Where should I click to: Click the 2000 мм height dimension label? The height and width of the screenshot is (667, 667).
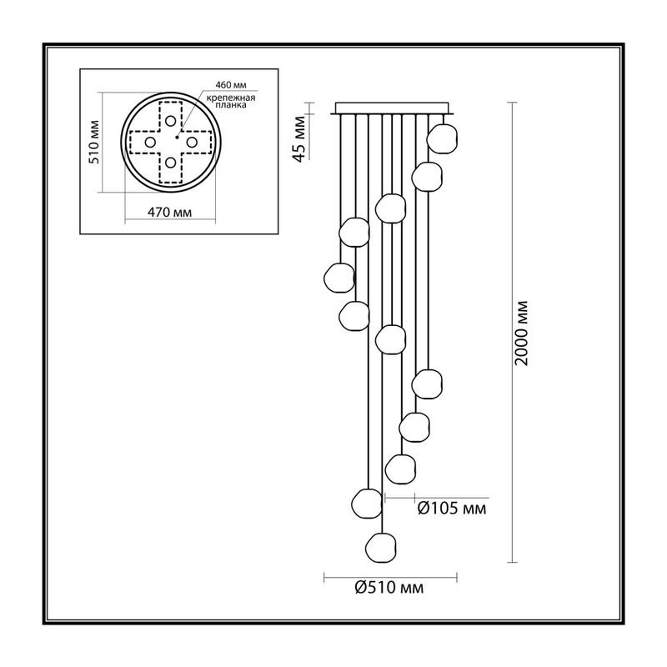point(521,333)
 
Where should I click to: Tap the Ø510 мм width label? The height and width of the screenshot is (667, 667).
point(389,588)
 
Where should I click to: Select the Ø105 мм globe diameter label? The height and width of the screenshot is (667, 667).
point(452,509)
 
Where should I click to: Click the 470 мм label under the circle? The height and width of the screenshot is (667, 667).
point(170,212)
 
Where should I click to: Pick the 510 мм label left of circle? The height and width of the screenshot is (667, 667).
point(93,142)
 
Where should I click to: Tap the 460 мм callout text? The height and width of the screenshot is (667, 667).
point(231,85)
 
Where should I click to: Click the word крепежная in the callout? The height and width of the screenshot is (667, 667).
point(231,98)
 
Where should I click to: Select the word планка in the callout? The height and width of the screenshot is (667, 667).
point(231,105)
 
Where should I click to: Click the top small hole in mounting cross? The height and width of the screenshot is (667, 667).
point(171,121)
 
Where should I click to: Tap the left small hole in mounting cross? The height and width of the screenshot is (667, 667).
point(150,142)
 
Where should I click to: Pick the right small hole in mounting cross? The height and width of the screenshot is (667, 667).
point(192,142)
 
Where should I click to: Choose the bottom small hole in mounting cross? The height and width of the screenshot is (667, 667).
point(171,163)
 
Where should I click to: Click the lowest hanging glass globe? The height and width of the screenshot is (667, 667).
point(381,548)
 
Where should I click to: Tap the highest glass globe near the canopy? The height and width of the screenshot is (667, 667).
point(443,138)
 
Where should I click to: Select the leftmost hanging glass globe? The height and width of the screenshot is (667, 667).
point(339,278)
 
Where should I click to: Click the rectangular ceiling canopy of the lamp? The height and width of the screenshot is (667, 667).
point(392,108)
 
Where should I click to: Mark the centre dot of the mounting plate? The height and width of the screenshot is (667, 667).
point(177,137)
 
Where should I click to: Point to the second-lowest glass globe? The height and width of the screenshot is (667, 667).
point(367,504)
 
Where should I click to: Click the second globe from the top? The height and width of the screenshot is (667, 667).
point(427,177)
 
